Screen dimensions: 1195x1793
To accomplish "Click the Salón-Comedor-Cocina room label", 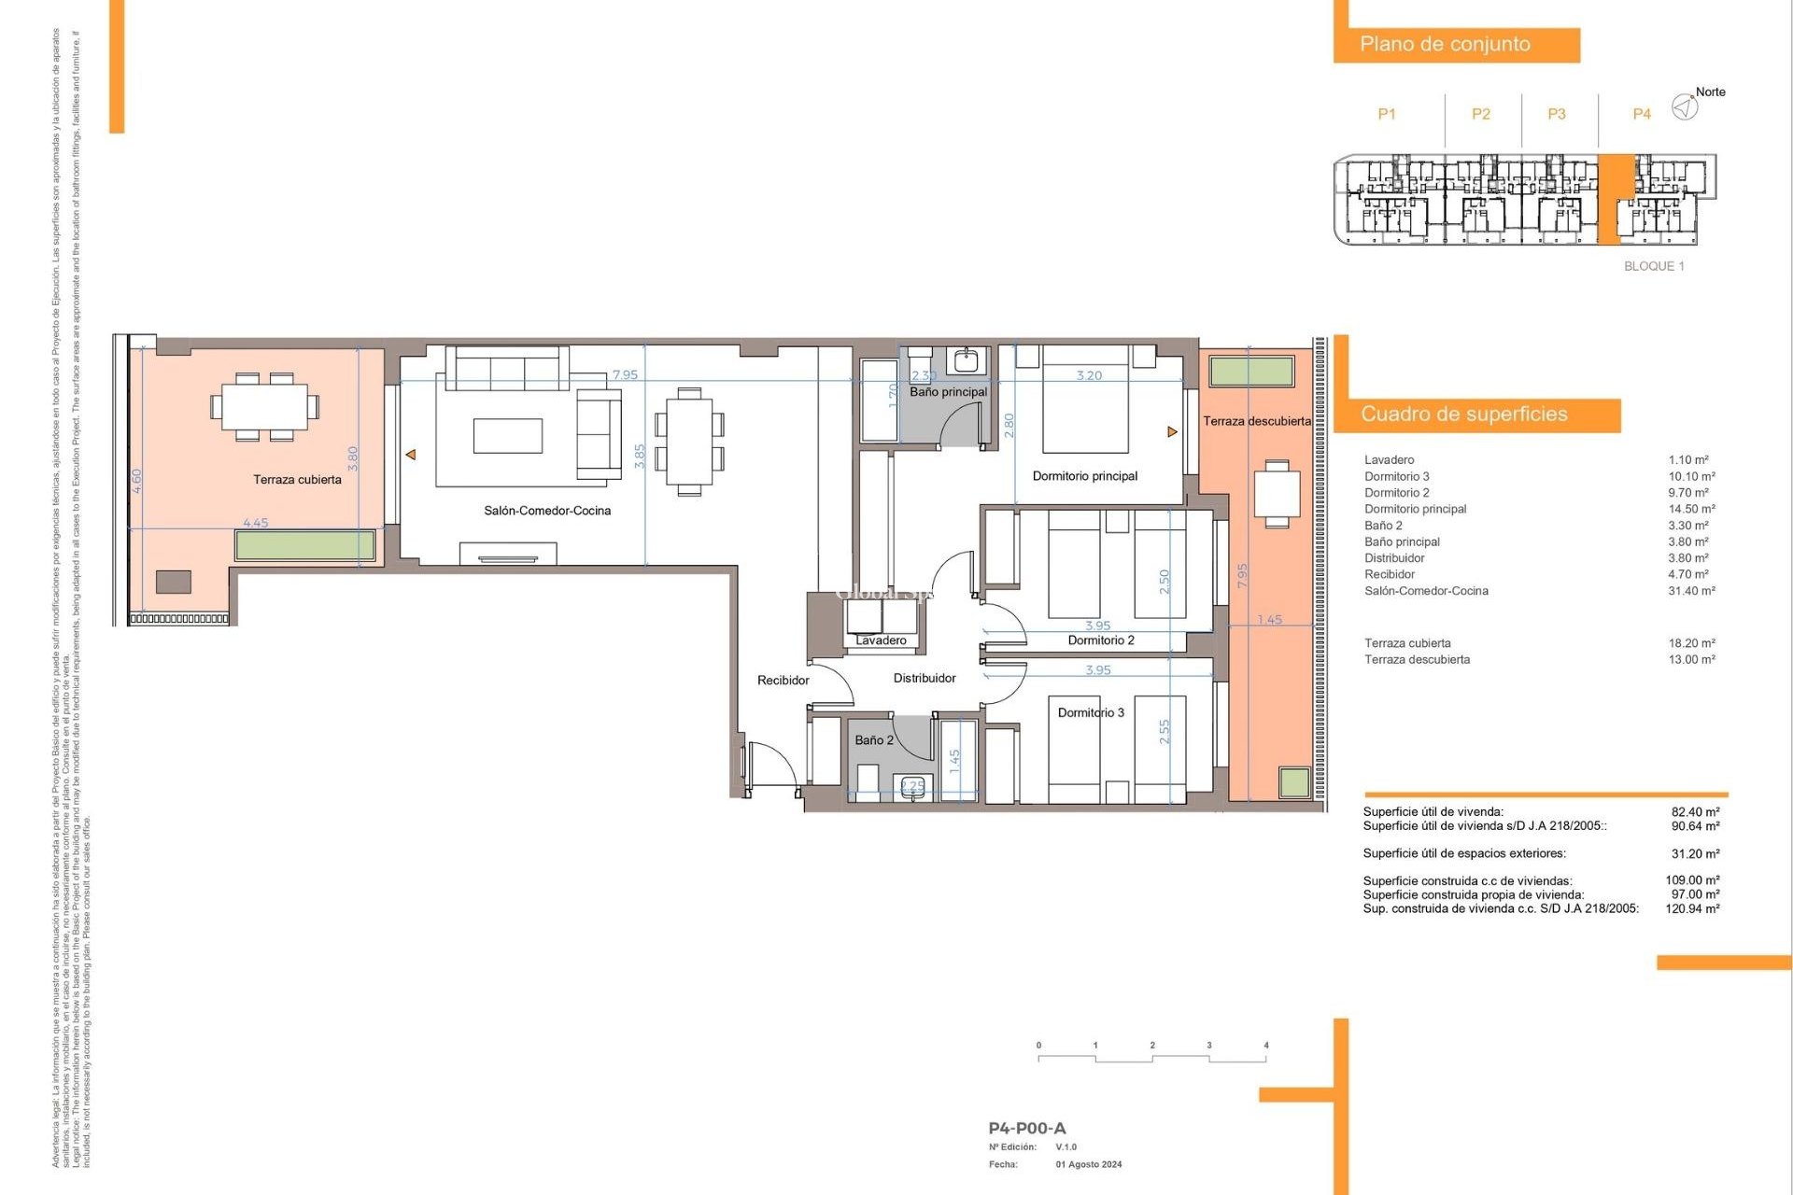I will pos(547,511).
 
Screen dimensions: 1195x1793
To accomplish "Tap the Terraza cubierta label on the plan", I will pos(297,480).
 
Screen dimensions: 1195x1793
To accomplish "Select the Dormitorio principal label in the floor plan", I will pos(1084,476).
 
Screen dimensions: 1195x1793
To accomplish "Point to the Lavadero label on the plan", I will pos(881,640).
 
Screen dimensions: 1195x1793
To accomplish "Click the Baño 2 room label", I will pos(874,740).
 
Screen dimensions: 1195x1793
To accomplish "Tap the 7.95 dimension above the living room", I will pos(625,375).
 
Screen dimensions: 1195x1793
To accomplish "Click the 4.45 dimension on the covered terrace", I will pos(255,523).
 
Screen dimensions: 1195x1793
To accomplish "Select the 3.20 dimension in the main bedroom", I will pos(1089,375).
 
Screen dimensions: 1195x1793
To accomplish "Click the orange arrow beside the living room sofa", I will pos(410,455).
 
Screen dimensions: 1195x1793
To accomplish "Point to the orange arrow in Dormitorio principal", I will pos(1172,432).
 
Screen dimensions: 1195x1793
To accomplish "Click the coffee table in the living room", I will pos(507,436).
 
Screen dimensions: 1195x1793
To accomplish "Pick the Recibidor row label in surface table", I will pos(1390,574).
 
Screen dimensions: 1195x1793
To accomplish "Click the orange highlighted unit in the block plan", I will pos(1616,198).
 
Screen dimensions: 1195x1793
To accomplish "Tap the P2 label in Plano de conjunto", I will pos(1481,114).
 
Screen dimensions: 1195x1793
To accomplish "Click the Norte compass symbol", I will pos(1685,107).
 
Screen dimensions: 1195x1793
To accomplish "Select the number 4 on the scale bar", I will pos(1266,1046).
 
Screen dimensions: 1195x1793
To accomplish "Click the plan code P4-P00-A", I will pos(1026,1128).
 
